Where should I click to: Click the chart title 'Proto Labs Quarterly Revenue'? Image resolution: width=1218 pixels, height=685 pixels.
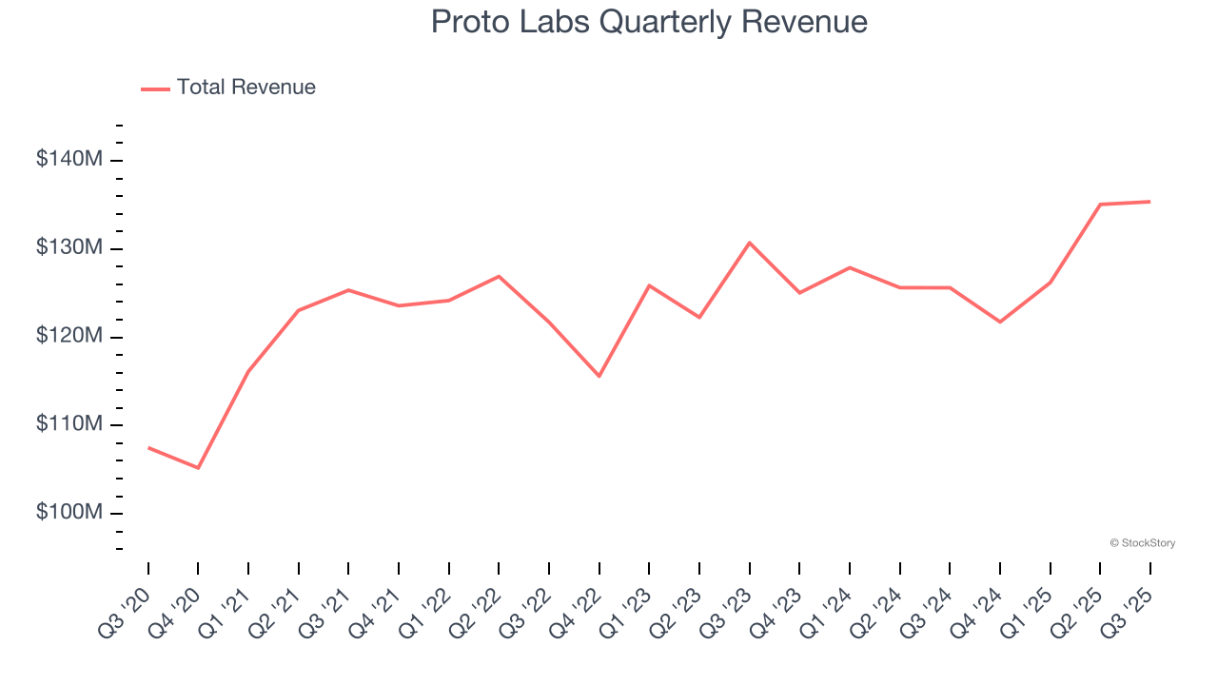[649, 22]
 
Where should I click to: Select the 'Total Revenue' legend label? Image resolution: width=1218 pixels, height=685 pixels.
[246, 88]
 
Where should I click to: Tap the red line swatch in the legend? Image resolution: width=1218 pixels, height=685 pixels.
[155, 88]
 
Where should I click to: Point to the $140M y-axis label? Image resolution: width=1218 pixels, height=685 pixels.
[69, 160]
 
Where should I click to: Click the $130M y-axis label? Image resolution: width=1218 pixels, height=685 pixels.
[69, 248]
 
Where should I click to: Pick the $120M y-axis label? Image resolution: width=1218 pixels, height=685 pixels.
[69, 337]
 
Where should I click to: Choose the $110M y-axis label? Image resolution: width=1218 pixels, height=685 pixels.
[69, 424]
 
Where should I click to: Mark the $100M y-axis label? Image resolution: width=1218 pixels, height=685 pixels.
[69, 513]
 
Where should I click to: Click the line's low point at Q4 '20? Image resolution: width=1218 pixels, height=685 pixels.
[198, 468]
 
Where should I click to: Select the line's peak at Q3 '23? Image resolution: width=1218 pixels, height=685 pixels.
[750, 243]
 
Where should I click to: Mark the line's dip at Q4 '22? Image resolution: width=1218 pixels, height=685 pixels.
[599, 376]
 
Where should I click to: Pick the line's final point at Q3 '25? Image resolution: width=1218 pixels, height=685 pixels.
[1150, 202]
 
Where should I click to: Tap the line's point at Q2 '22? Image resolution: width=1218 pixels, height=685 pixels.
[499, 276]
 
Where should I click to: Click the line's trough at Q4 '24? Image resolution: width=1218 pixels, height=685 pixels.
[1000, 322]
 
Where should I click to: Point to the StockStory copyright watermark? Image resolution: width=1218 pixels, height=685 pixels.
[1142, 543]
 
